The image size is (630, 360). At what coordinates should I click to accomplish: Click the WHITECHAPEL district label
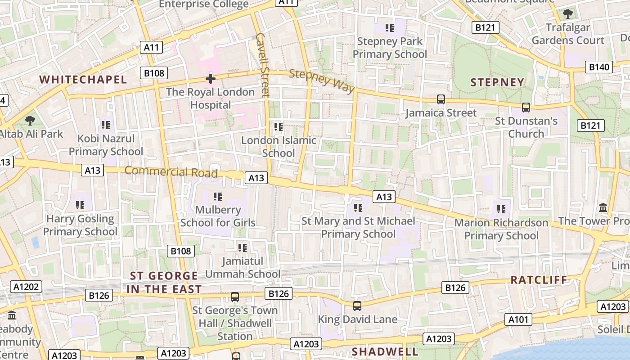click(x=83, y=80)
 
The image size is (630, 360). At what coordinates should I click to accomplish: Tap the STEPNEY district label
click(x=497, y=82)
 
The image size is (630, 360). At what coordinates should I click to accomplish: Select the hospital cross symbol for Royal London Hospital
click(x=210, y=79)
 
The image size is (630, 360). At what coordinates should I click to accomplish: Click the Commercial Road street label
click(x=171, y=172)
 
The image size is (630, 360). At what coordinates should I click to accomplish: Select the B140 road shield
click(x=599, y=67)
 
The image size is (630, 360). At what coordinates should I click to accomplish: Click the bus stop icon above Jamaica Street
click(x=441, y=99)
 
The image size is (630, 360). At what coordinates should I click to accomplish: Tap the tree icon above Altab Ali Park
click(x=30, y=120)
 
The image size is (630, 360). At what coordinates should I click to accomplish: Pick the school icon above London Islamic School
click(x=279, y=127)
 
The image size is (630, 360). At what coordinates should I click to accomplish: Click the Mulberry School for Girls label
click(x=218, y=216)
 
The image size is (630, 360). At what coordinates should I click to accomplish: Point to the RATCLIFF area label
click(x=539, y=280)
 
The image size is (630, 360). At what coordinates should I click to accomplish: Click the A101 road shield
click(x=518, y=319)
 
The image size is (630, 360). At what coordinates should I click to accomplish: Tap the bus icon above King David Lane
click(x=357, y=306)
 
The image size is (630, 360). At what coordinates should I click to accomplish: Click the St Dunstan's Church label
click(x=526, y=127)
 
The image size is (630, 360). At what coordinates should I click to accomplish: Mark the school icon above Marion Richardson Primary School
click(x=501, y=209)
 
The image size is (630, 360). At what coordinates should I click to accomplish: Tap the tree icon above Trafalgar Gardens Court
click(x=568, y=14)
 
